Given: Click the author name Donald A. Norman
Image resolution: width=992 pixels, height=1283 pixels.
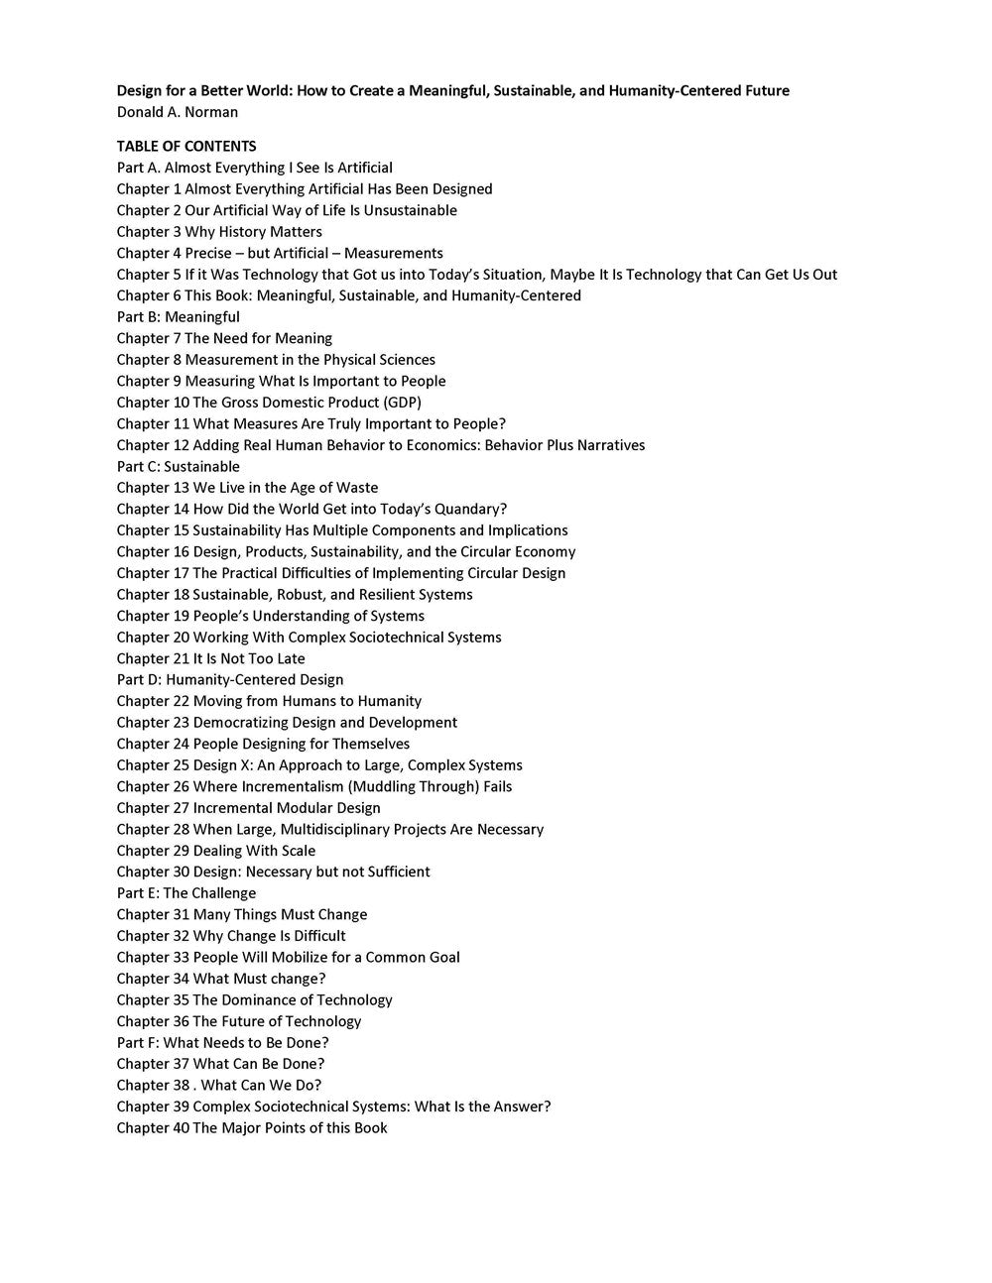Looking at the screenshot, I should pos(177,112).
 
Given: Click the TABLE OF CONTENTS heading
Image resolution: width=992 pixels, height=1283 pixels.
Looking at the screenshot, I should pos(186,146).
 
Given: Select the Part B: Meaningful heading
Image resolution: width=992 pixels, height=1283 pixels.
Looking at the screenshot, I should pos(178,317).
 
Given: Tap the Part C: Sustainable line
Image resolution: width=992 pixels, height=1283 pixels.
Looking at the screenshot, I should pos(178,466).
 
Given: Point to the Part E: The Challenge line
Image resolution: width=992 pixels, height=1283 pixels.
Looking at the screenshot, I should pos(186,892).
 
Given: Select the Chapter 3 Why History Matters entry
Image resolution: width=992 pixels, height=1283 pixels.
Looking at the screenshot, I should pos(219,232).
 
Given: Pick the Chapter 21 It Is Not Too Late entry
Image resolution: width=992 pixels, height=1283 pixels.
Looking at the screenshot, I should pos(210,658).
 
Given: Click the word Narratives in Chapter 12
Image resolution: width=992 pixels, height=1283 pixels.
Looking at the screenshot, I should pos(610,445).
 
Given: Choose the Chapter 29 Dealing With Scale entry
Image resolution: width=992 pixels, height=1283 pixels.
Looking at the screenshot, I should pos(215,851).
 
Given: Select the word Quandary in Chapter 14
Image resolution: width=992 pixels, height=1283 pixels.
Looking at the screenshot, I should pos(471,509).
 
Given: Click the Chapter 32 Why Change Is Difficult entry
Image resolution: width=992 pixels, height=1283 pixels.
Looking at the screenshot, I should pos(231,936).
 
